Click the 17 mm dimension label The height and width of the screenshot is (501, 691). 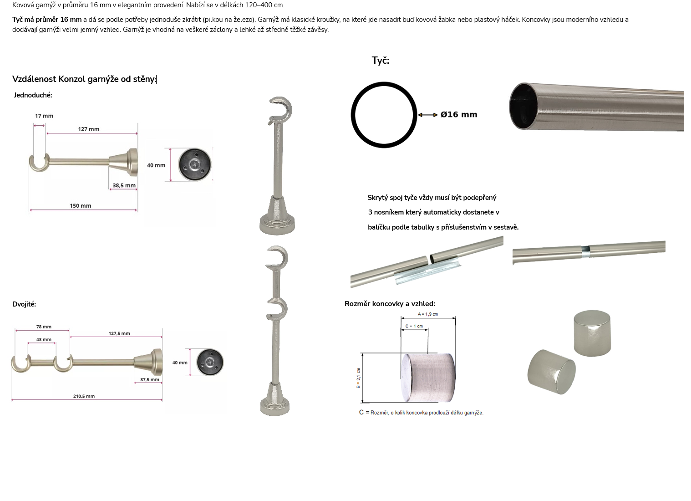coord(44,117)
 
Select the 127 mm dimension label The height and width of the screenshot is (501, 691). coord(89,130)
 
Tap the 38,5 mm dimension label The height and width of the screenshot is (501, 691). coord(124,186)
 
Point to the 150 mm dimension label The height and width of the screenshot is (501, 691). coord(81,206)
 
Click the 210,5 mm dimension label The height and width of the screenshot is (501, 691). coord(84,397)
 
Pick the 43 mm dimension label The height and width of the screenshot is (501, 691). coord(44,340)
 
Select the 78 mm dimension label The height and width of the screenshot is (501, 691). coord(44,327)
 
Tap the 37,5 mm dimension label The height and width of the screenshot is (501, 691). coord(150,380)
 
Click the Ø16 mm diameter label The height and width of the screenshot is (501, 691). coord(459,115)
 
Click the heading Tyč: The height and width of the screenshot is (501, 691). coord(381,61)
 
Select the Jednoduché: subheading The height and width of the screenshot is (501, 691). coord(33,95)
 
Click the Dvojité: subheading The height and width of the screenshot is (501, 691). coord(24,304)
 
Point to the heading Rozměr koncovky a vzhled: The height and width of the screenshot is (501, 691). coord(390,304)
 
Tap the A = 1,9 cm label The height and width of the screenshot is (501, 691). coord(428,315)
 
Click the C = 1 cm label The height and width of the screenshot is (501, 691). coord(414,326)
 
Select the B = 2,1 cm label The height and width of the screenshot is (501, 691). coord(358,378)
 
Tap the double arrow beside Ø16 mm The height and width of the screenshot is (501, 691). coord(428,115)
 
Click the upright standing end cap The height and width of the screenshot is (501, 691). coord(592,334)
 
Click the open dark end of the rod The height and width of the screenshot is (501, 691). coord(524,107)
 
